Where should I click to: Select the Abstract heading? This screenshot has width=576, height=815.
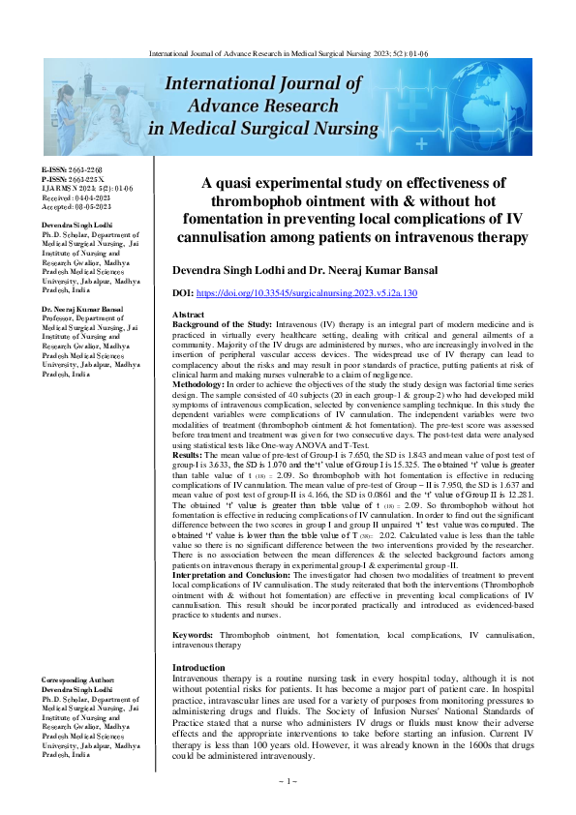[188, 316]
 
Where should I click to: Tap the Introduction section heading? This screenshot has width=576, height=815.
[198, 668]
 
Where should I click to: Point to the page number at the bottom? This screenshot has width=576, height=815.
[287, 780]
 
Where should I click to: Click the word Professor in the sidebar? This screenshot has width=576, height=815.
[59, 318]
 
